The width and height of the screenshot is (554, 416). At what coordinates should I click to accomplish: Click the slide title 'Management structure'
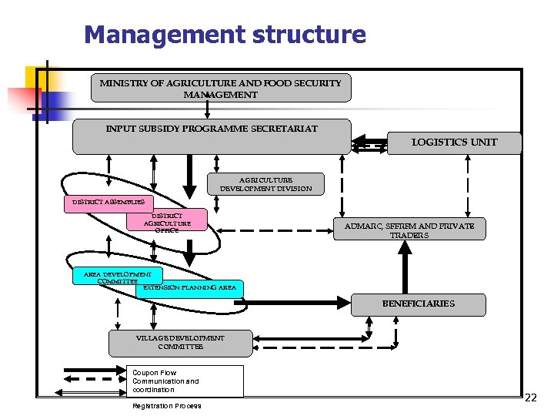point(225,35)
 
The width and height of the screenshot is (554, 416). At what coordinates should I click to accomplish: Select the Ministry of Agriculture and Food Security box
point(221,88)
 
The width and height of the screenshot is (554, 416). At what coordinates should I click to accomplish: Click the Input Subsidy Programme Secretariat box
point(212,136)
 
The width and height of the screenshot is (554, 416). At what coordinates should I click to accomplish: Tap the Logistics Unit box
point(455,143)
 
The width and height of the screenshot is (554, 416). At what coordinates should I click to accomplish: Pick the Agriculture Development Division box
point(266,183)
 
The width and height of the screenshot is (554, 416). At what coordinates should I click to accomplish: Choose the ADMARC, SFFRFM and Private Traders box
point(409,230)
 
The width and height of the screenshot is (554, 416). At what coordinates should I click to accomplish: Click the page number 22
point(530,398)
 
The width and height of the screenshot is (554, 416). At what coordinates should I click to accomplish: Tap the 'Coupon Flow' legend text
point(154,373)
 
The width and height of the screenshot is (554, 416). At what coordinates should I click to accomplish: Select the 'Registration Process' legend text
point(166,406)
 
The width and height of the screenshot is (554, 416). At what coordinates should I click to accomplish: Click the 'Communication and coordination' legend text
point(165,385)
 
